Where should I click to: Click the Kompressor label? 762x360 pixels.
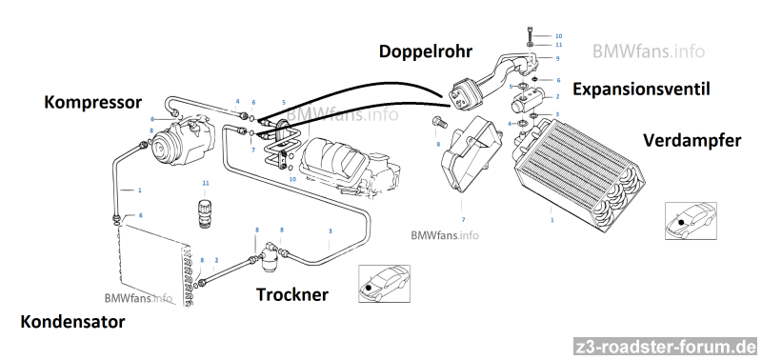92,103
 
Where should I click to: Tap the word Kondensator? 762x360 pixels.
72,322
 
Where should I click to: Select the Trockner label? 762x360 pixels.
292,294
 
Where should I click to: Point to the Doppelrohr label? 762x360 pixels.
425,51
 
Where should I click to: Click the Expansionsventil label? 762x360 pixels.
641,90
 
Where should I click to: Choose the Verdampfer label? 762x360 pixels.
692,140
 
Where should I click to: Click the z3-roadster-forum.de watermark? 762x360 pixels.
665,348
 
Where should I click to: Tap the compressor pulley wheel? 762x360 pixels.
162,150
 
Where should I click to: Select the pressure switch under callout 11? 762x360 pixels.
206,211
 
